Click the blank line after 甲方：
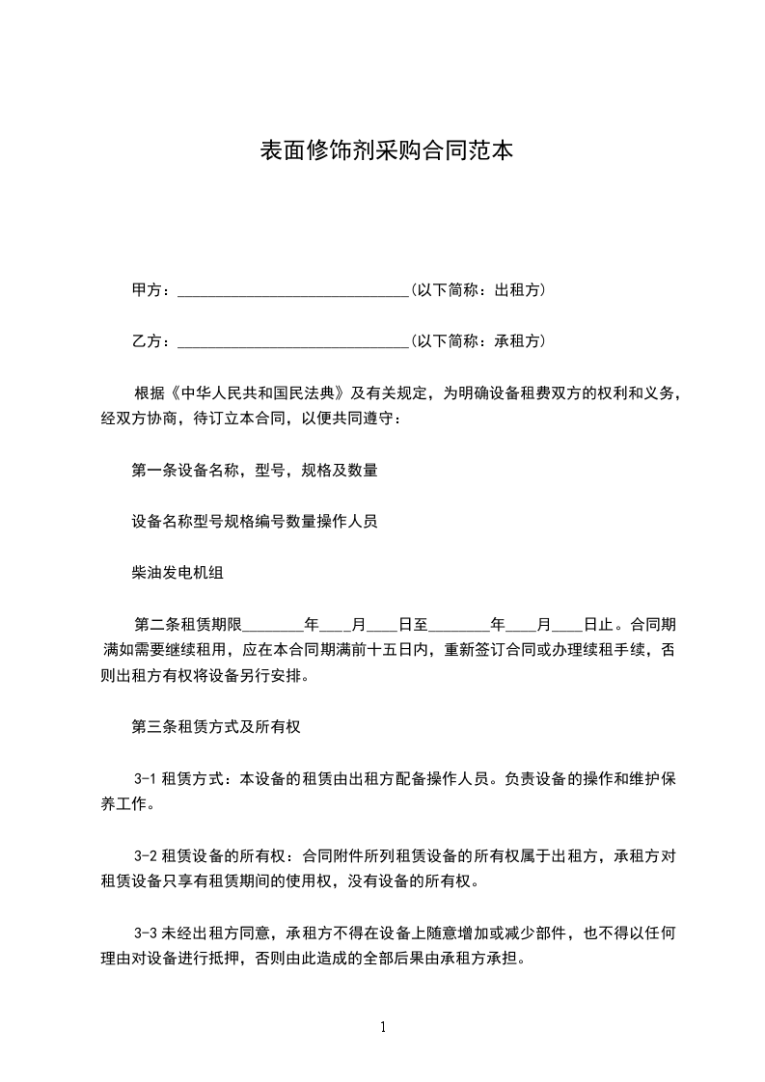tap(294, 290)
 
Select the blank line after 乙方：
tap(294, 341)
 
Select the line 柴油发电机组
tap(178, 573)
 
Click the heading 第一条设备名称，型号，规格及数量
tap(254, 471)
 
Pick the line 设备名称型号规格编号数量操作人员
tap(254, 522)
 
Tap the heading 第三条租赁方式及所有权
tap(216, 727)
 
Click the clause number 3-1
tap(146, 778)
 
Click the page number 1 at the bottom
tap(383, 1027)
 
